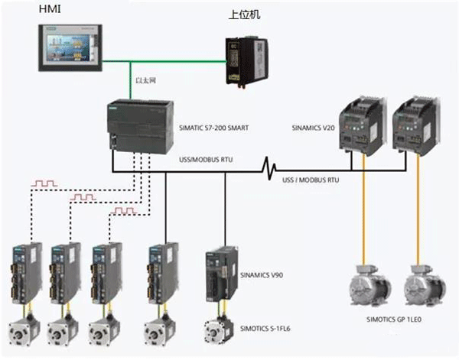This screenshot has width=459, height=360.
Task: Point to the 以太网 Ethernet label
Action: pyautogui.click(x=146, y=79)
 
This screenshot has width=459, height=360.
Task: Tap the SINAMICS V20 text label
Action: pyautogui.click(x=317, y=127)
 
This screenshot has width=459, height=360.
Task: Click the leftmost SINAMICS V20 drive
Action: pyautogui.click(x=359, y=124)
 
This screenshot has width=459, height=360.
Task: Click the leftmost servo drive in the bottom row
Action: pyautogui.click(x=24, y=274)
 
